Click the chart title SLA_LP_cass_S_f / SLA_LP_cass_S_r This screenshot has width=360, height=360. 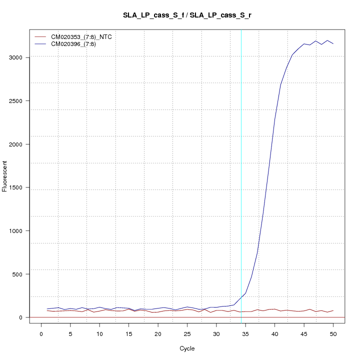(x=187, y=15)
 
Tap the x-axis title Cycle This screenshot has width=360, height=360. (x=187, y=348)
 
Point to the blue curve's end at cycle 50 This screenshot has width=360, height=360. (x=333, y=44)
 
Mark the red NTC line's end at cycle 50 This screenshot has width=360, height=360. (x=333, y=310)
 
